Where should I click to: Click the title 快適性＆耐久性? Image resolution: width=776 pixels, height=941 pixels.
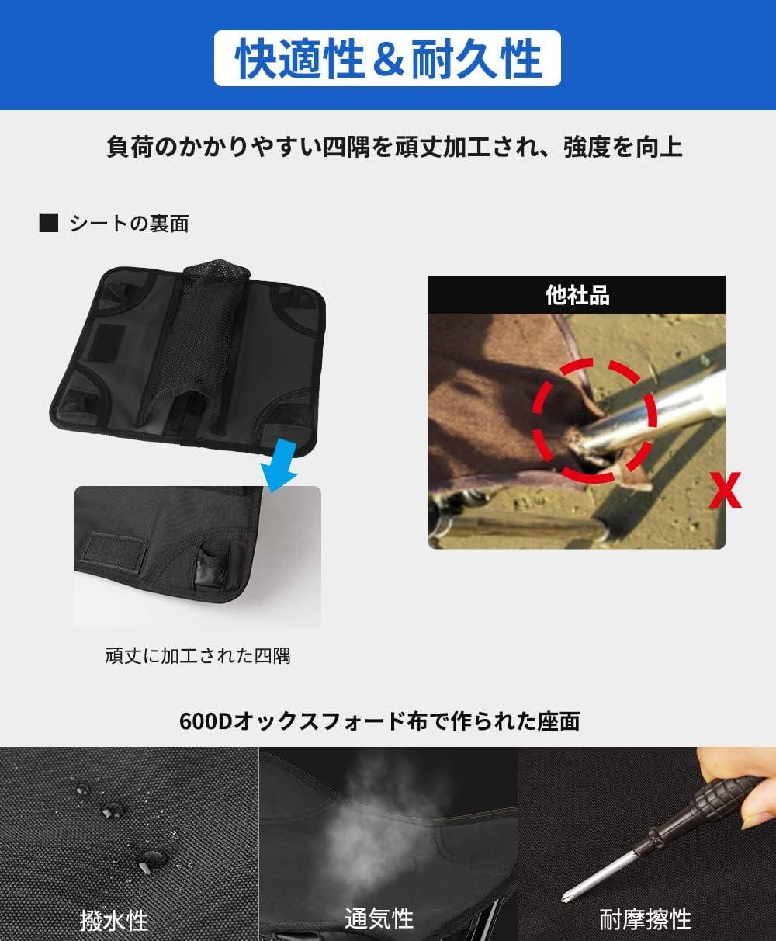click(x=387, y=59)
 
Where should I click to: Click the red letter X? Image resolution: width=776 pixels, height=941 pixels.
click(x=726, y=491)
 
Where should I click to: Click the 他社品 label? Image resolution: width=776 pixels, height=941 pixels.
click(x=577, y=295)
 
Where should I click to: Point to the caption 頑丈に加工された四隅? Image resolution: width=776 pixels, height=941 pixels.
click(x=198, y=655)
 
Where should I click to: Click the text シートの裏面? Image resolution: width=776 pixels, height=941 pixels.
click(x=129, y=224)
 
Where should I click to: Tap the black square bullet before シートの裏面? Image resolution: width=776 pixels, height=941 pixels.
click(x=49, y=224)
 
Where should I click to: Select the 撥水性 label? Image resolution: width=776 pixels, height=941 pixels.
click(x=114, y=921)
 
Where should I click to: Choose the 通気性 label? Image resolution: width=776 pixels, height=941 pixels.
click(x=379, y=919)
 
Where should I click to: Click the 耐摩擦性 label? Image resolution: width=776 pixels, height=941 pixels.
click(x=645, y=919)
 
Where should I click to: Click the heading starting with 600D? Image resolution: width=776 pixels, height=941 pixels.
click(x=379, y=721)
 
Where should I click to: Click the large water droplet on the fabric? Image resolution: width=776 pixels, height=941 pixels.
click(x=151, y=859)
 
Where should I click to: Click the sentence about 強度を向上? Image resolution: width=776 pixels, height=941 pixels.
click(x=394, y=147)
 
